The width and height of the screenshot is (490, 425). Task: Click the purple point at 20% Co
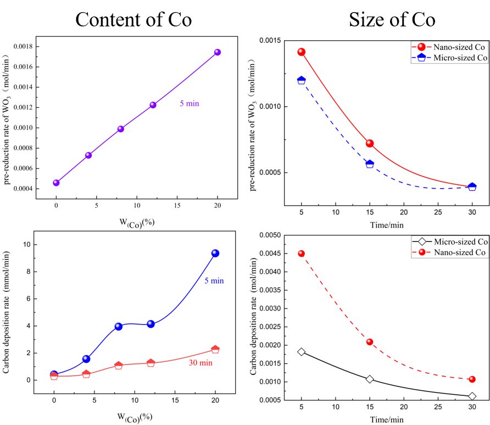[218, 52]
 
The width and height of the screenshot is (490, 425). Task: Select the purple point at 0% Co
[56, 183]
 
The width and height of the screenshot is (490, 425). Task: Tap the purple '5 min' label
[189, 103]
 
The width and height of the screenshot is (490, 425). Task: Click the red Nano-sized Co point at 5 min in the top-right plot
[301, 52]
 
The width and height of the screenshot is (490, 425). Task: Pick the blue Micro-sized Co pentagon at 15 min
[370, 164]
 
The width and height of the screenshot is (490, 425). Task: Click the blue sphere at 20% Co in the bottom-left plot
[215, 253]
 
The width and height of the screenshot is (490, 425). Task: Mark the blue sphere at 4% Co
[86, 359]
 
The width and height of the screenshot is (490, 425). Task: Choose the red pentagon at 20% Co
[215, 349]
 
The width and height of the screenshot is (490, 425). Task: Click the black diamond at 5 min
[301, 351]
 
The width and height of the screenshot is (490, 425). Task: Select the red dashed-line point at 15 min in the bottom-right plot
[370, 342]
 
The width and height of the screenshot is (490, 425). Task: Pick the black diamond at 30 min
[472, 396]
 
